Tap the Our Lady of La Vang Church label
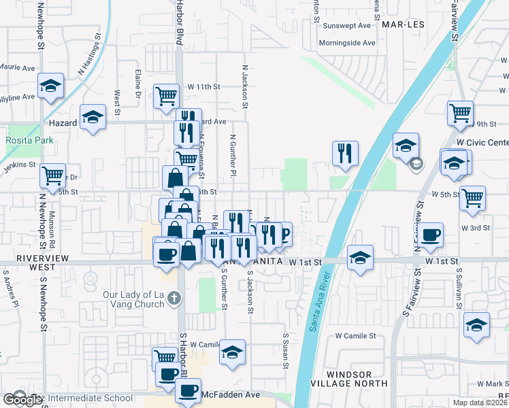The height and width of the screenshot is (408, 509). (x=133, y=299)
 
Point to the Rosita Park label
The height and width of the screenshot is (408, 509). (x=23, y=141)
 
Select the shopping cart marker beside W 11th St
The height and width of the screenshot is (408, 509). (x=166, y=97)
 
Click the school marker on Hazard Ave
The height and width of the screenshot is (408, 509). (x=93, y=117)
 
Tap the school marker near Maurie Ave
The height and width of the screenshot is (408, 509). (x=50, y=86)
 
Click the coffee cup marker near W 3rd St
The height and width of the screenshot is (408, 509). (x=430, y=235)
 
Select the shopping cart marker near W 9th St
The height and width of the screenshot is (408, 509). (x=461, y=113)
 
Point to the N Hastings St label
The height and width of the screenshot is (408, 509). (x=89, y=56)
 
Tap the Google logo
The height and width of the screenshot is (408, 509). (x=22, y=399)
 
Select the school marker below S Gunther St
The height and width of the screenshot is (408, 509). (x=232, y=352)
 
